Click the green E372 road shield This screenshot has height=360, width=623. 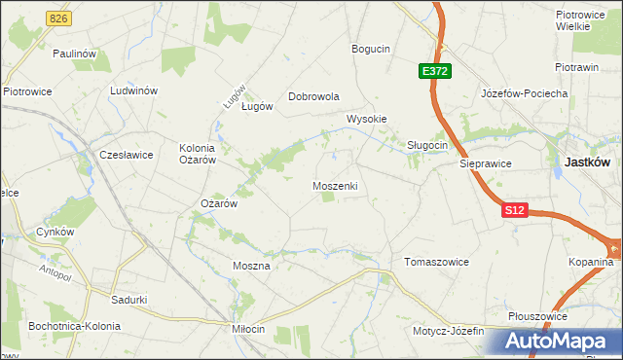435,71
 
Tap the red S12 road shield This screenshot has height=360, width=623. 515,210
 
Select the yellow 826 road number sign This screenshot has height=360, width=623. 59,18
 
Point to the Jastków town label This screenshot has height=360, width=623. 588,164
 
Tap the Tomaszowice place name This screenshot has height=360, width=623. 436,263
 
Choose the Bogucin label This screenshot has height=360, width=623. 371,49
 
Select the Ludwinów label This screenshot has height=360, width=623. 134,90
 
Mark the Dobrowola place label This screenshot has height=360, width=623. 313,97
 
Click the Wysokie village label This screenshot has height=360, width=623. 367,120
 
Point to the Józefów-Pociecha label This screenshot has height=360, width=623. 524,93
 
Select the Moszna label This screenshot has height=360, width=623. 250,265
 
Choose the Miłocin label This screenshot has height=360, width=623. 247,329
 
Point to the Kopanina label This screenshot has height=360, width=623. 592,263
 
